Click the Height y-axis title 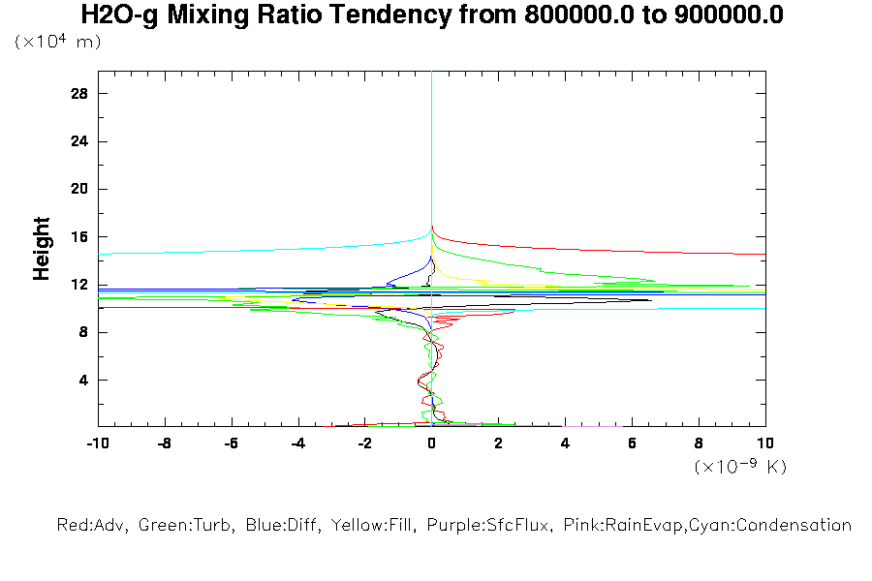(x=42, y=249)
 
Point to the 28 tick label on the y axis (x=79, y=93)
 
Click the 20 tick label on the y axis (x=79, y=189)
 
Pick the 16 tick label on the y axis (x=79, y=236)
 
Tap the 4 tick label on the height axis (x=83, y=380)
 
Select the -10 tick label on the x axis (x=97, y=443)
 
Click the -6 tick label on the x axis (x=231, y=443)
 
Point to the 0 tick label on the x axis (x=432, y=443)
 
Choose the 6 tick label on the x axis (x=633, y=443)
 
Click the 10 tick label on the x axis (x=765, y=443)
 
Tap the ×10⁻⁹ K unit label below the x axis (x=740, y=467)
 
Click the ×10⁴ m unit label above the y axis (x=57, y=42)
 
